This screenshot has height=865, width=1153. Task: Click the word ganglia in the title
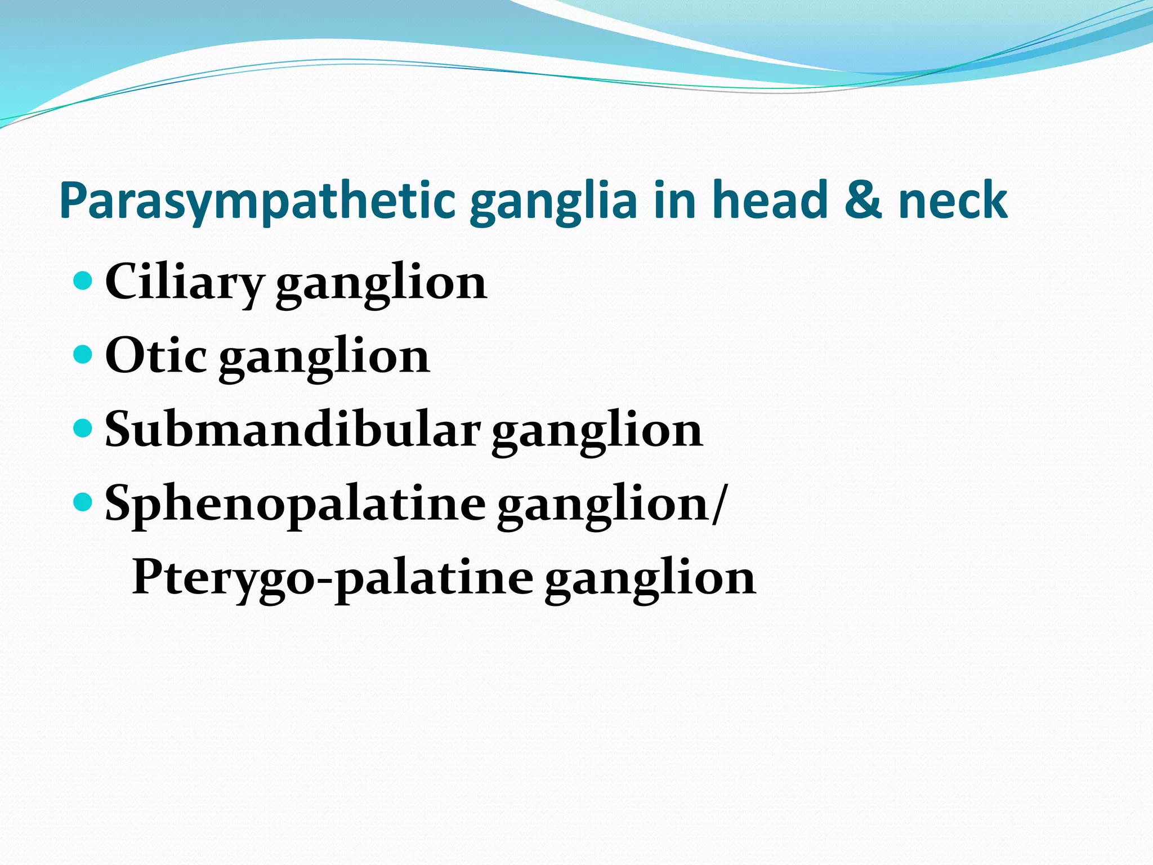tap(553, 202)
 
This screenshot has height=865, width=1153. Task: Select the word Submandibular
tap(293, 430)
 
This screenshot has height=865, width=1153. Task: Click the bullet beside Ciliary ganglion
tap(83, 280)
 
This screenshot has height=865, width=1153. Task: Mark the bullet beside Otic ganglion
tap(83, 354)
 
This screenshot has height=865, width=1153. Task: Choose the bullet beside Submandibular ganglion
tap(83, 428)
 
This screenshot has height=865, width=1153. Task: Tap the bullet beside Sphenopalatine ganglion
tap(83, 502)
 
